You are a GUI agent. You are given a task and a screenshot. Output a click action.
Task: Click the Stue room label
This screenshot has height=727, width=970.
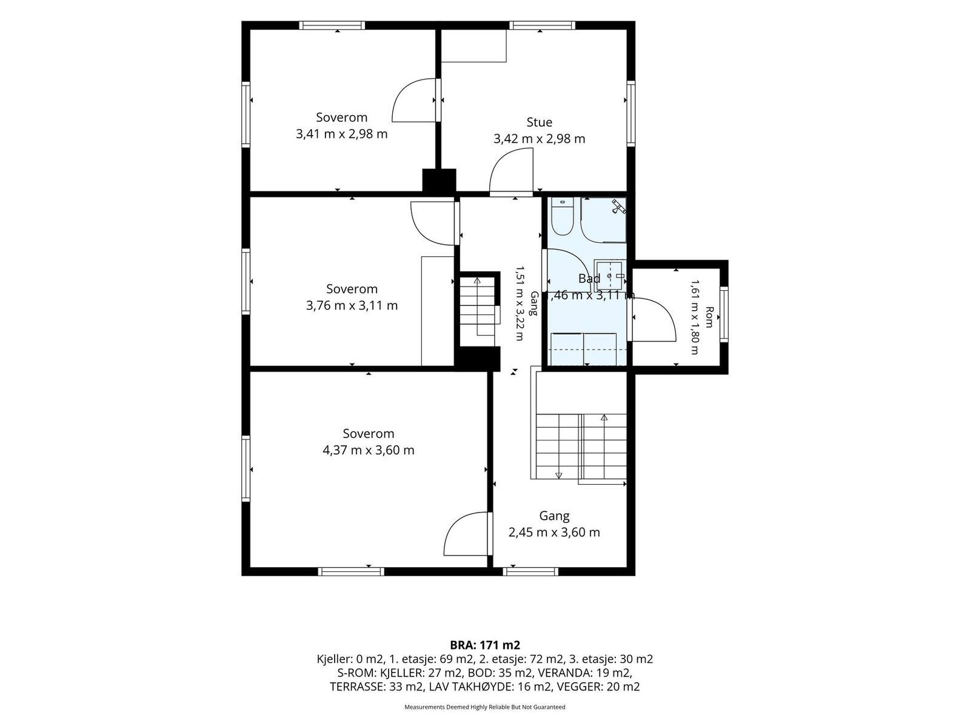pyautogui.click(x=539, y=122)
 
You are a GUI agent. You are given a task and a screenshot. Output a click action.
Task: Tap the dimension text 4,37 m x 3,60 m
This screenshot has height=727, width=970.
pyautogui.click(x=369, y=450)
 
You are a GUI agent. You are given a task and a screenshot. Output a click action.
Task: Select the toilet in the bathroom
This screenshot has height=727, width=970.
pyautogui.click(x=563, y=216)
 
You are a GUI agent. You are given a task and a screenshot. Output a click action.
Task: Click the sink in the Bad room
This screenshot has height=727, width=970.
pyautogui.click(x=610, y=276)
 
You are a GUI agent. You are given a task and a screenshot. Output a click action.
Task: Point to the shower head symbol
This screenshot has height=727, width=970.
pyautogui.click(x=618, y=207)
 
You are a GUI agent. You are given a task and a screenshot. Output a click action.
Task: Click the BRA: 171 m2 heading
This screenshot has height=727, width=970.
pyautogui.click(x=485, y=645)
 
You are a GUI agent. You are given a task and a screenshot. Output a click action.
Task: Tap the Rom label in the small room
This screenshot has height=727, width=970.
pyautogui.click(x=709, y=317)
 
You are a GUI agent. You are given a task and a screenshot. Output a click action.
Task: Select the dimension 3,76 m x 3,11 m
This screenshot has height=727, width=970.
pyautogui.click(x=352, y=305)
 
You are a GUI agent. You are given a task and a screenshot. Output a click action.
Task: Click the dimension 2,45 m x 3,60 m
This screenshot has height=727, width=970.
pyautogui.click(x=554, y=533)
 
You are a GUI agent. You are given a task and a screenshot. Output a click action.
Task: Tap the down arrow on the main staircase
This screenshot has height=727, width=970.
pyautogui.click(x=558, y=476)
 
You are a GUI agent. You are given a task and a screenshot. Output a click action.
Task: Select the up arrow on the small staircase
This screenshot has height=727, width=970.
pyautogui.click(x=477, y=280)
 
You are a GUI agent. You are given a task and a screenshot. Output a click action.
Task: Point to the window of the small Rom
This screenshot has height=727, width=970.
pyautogui.click(x=723, y=314)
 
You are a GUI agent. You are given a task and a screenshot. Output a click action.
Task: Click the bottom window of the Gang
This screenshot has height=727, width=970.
pyautogui.click(x=530, y=572)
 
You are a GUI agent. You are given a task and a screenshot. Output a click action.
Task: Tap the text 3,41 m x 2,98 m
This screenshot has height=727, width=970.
pyautogui.click(x=341, y=134)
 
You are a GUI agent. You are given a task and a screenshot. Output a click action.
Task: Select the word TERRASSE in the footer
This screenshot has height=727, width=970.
pyautogui.click(x=357, y=687)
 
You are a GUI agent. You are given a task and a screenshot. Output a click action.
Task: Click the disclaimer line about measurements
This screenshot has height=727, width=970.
pyautogui.click(x=485, y=707)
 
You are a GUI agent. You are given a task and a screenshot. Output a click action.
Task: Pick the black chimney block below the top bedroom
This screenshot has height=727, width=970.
pyautogui.click(x=439, y=181)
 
